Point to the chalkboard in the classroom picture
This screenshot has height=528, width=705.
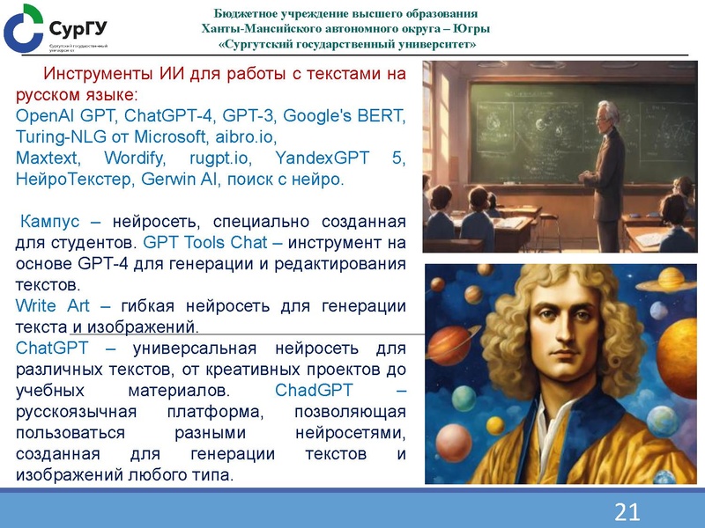click(529, 123)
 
